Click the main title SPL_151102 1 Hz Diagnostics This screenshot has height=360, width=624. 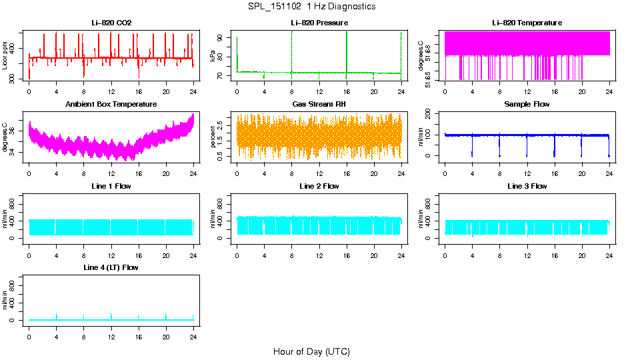pyautogui.click(x=311, y=7)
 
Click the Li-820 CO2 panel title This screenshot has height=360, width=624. pyautogui.click(x=111, y=23)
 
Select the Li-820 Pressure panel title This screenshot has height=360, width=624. pyautogui.click(x=319, y=23)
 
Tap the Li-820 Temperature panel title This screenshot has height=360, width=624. pyautogui.click(x=527, y=23)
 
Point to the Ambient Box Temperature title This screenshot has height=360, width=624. pyautogui.click(x=111, y=105)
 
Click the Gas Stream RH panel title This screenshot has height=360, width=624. pyautogui.click(x=319, y=105)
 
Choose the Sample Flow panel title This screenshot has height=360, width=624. pyautogui.click(x=527, y=105)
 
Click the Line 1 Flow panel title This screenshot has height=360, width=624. pyautogui.click(x=111, y=186)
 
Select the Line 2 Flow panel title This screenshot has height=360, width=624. pyautogui.click(x=319, y=186)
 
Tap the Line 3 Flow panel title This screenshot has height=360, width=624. pyautogui.click(x=527, y=186)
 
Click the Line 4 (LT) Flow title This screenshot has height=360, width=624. pyautogui.click(x=111, y=268)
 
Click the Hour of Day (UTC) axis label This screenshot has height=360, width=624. pyautogui.click(x=311, y=351)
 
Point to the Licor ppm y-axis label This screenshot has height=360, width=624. pyautogui.click(x=5, y=55)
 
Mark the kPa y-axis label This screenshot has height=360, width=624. pyautogui.click(x=213, y=55)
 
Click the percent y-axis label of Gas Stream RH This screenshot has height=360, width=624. pyautogui.click(x=213, y=137)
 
